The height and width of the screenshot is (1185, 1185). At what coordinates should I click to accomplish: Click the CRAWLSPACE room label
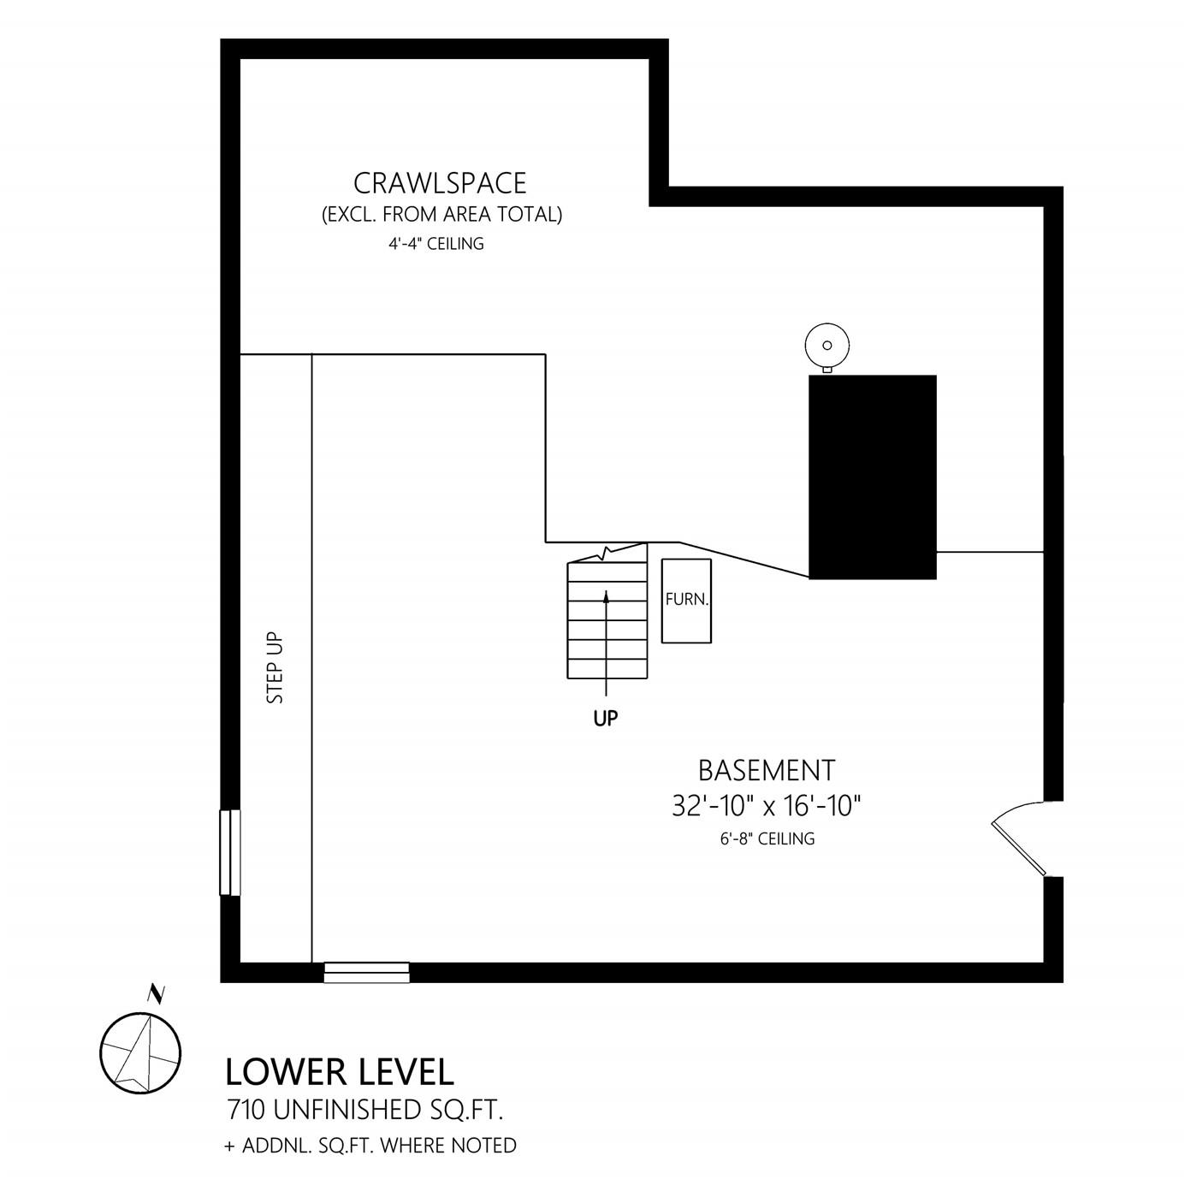coord(440,182)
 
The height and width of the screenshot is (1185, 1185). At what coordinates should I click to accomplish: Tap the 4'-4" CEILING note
coord(436,244)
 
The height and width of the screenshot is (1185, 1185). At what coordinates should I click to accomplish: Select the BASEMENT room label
coord(767,770)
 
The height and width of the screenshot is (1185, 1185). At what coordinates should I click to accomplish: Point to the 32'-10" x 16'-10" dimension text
coord(767,805)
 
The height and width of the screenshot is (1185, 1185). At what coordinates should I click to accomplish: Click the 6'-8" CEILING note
coord(767,838)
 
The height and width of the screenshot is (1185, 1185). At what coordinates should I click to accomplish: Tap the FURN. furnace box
coord(686,601)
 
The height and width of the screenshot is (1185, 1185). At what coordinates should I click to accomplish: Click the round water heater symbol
coord(827,347)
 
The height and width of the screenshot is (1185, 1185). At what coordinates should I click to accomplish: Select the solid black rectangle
coord(872,477)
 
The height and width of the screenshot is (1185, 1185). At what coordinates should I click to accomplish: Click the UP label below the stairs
coord(606,718)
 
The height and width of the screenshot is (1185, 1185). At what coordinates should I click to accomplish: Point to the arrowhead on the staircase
coord(607,595)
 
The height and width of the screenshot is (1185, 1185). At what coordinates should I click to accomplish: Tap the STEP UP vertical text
coord(275,668)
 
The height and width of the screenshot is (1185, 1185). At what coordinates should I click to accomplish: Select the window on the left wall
coord(230,852)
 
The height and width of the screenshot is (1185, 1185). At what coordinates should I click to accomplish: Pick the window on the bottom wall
coord(366,972)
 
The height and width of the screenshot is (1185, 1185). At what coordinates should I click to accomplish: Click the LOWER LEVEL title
coord(340,1072)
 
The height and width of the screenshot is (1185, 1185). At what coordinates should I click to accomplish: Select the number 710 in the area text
coord(246,1111)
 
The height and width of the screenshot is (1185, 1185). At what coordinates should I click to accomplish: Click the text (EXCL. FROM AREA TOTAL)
coord(441,215)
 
